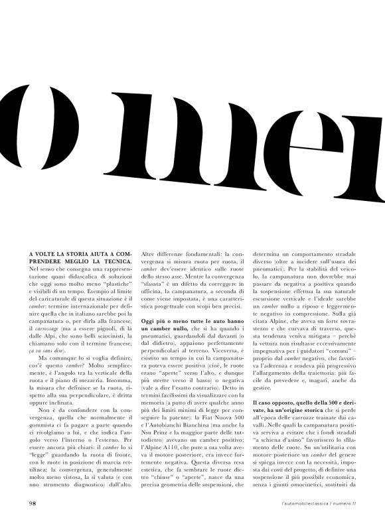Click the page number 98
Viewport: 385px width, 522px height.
point(32,503)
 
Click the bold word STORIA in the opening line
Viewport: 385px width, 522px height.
point(71,253)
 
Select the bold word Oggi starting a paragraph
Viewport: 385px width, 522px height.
point(149,322)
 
